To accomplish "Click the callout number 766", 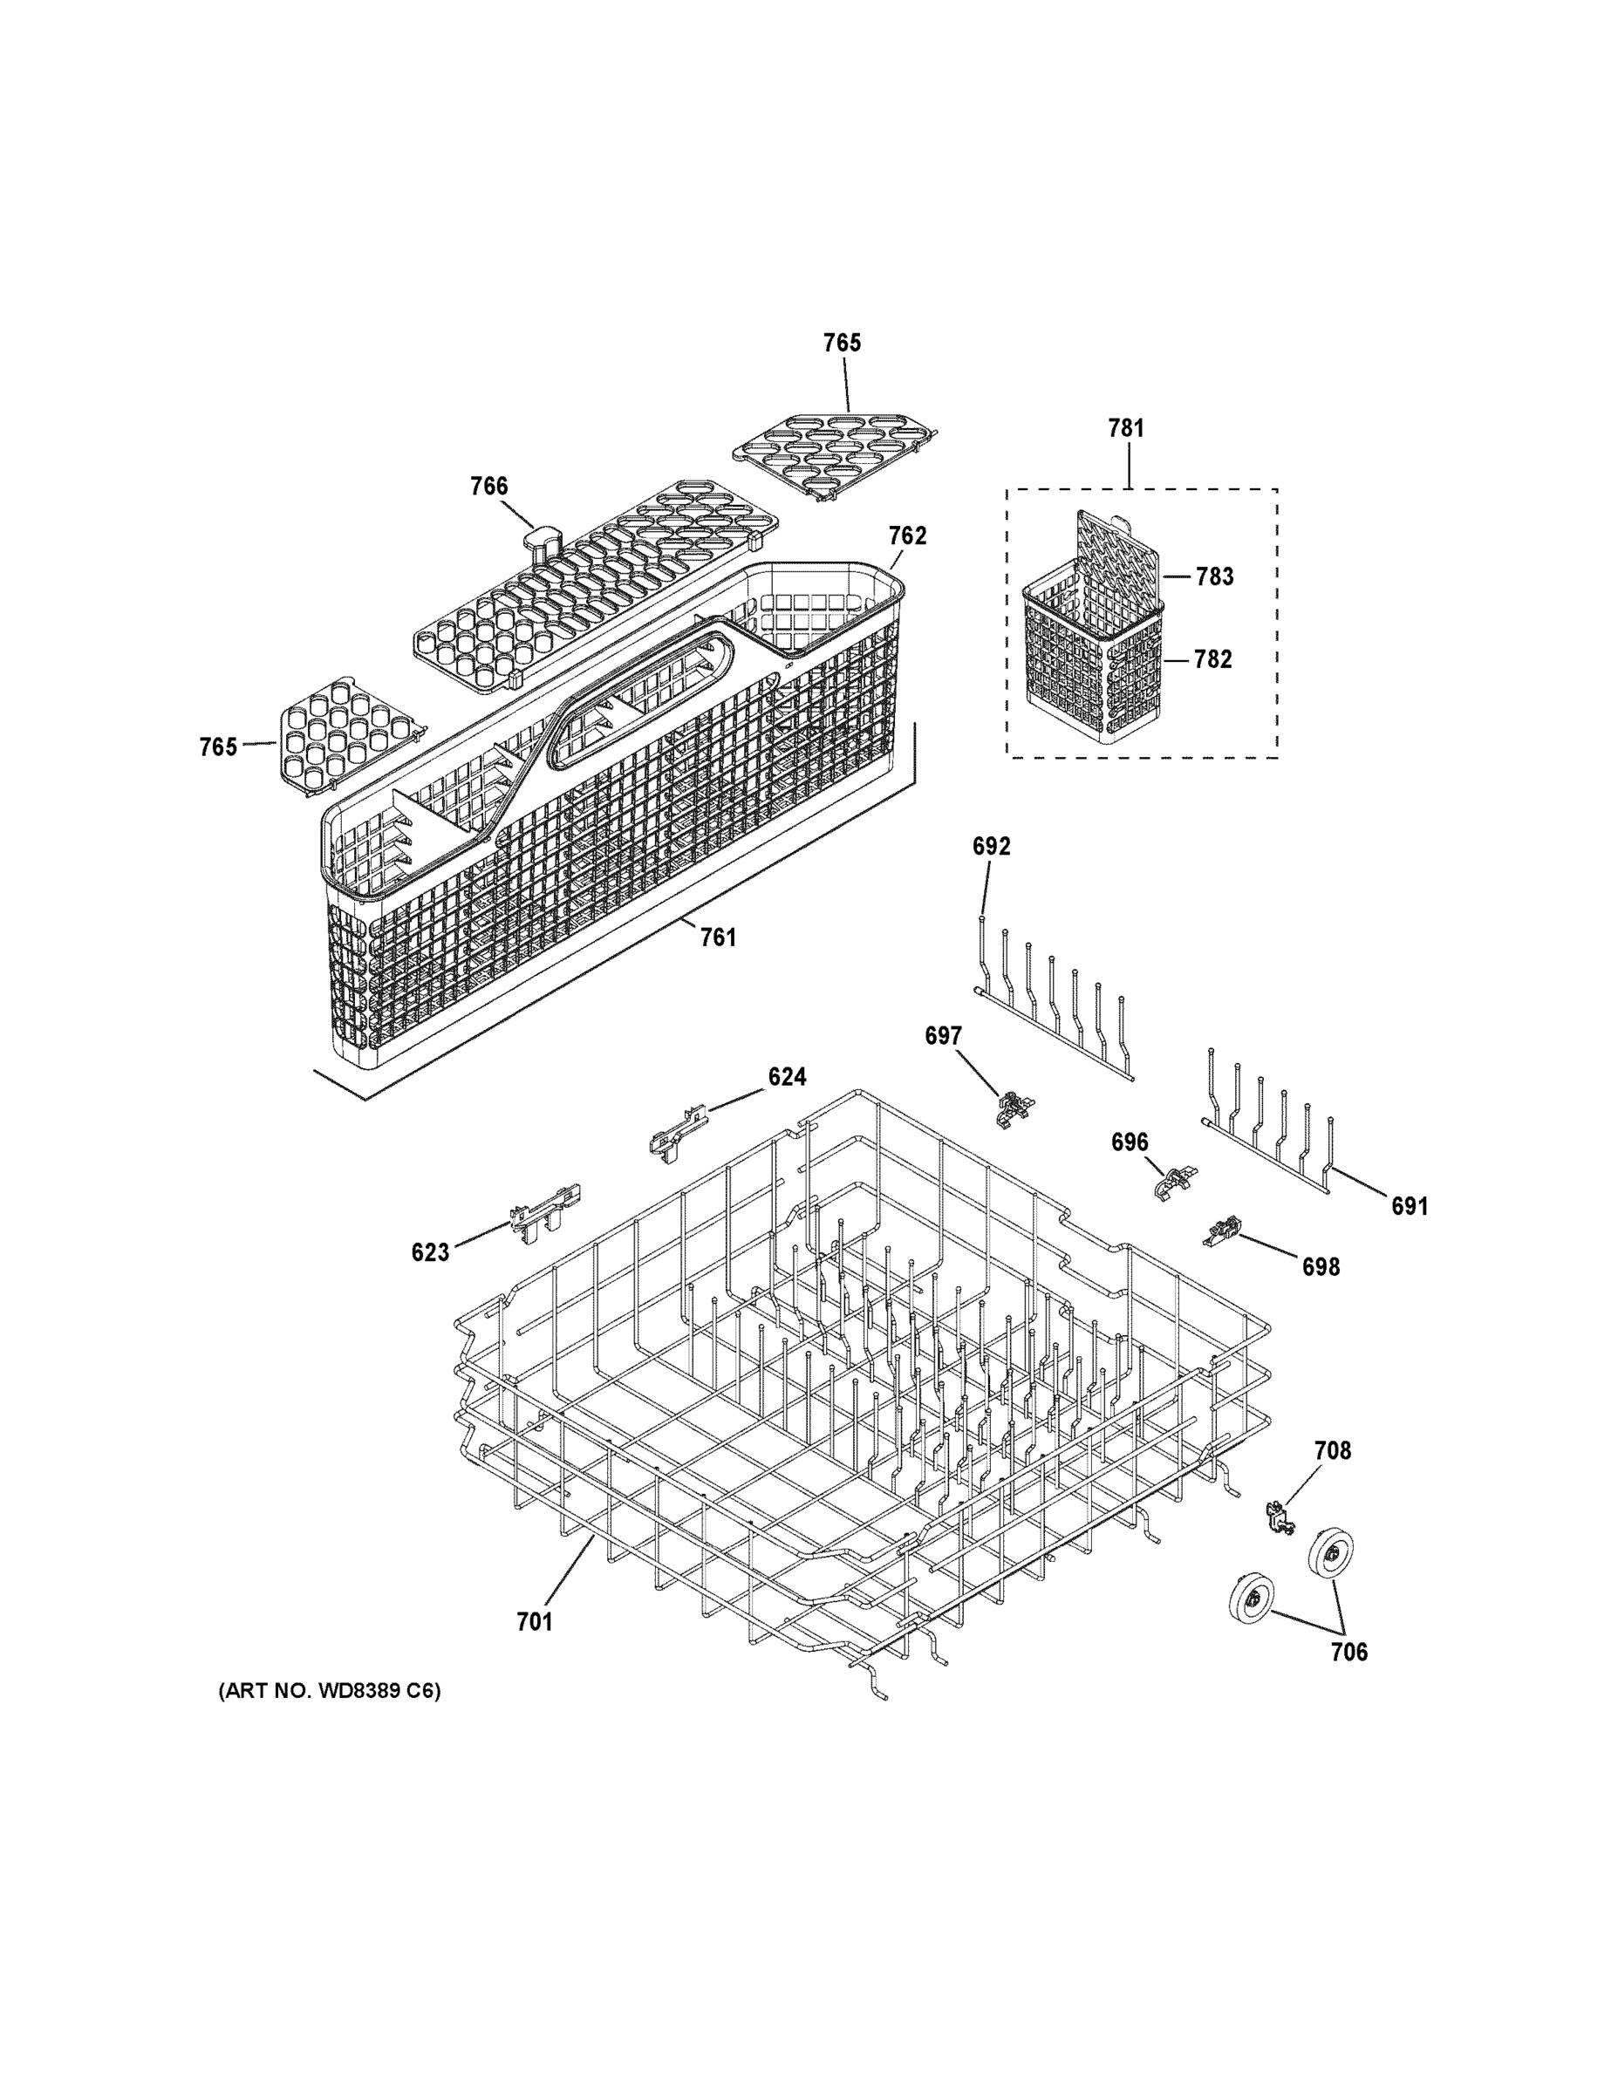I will (x=488, y=487).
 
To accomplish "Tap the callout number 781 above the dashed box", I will (x=1126, y=428).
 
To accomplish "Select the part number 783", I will (x=1213, y=577).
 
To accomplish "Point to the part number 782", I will (x=1212, y=659).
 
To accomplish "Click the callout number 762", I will (x=907, y=535).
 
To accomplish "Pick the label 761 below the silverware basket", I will (x=718, y=937).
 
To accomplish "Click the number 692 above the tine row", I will (x=991, y=846).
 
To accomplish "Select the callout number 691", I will (x=1409, y=1207).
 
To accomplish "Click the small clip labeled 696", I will (x=1174, y=1185).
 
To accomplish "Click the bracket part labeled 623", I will (x=543, y=1211).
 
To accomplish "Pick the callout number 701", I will (x=534, y=1621).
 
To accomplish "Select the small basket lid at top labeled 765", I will (x=834, y=453).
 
